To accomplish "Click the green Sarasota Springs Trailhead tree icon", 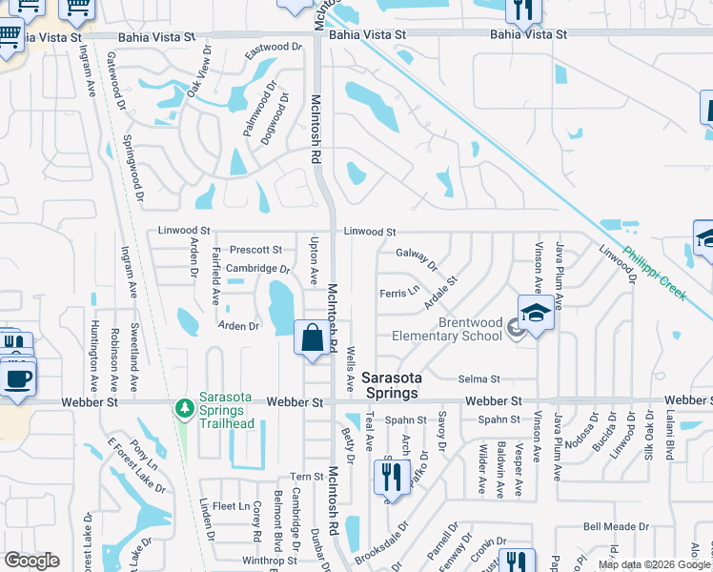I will click(x=183, y=408).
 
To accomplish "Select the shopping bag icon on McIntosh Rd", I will click(x=313, y=337).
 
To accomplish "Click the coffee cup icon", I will click(x=19, y=378).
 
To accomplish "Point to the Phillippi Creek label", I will click(x=654, y=275).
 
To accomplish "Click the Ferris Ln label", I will click(x=398, y=293).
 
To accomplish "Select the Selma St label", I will click(x=479, y=379).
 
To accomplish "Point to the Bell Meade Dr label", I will click(x=616, y=526).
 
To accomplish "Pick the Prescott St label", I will click(x=255, y=250).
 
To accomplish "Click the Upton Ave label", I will click(x=314, y=260).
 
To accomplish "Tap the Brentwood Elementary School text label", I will click(x=470, y=329).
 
